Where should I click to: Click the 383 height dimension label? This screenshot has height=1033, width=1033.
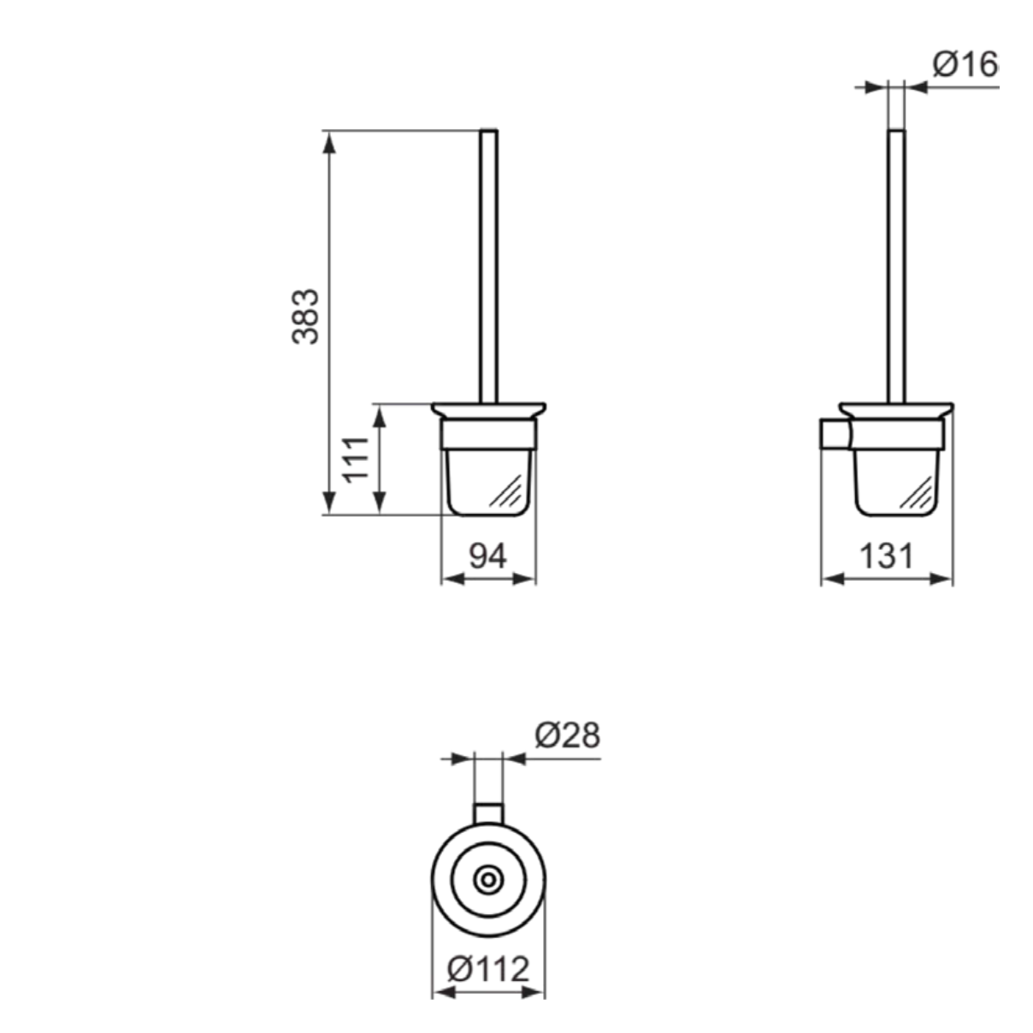pos(305,316)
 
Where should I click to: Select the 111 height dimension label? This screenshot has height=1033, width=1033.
pos(357,460)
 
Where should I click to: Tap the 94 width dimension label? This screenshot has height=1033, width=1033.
pos(487,556)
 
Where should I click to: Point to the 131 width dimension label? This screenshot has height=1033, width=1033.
pos(887,556)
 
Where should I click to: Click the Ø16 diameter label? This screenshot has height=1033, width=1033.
pos(965,64)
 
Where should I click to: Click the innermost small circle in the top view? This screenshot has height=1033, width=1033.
pos(488,880)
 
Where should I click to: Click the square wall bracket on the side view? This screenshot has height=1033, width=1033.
pos(835,434)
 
